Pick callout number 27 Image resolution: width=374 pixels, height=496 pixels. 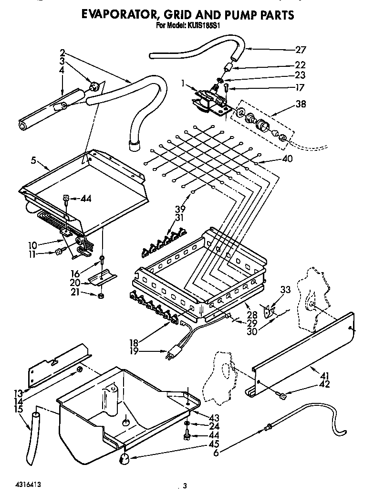coord(300,49)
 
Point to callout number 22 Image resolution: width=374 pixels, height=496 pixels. coord(300,65)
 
